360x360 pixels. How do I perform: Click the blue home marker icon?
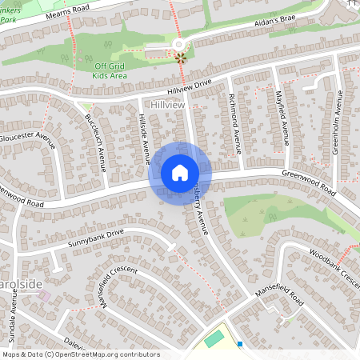click(x=180, y=172)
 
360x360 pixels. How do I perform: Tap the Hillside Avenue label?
click(x=145, y=138)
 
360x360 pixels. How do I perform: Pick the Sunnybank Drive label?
click(x=96, y=238)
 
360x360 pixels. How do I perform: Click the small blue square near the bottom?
click(x=240, y=344)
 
